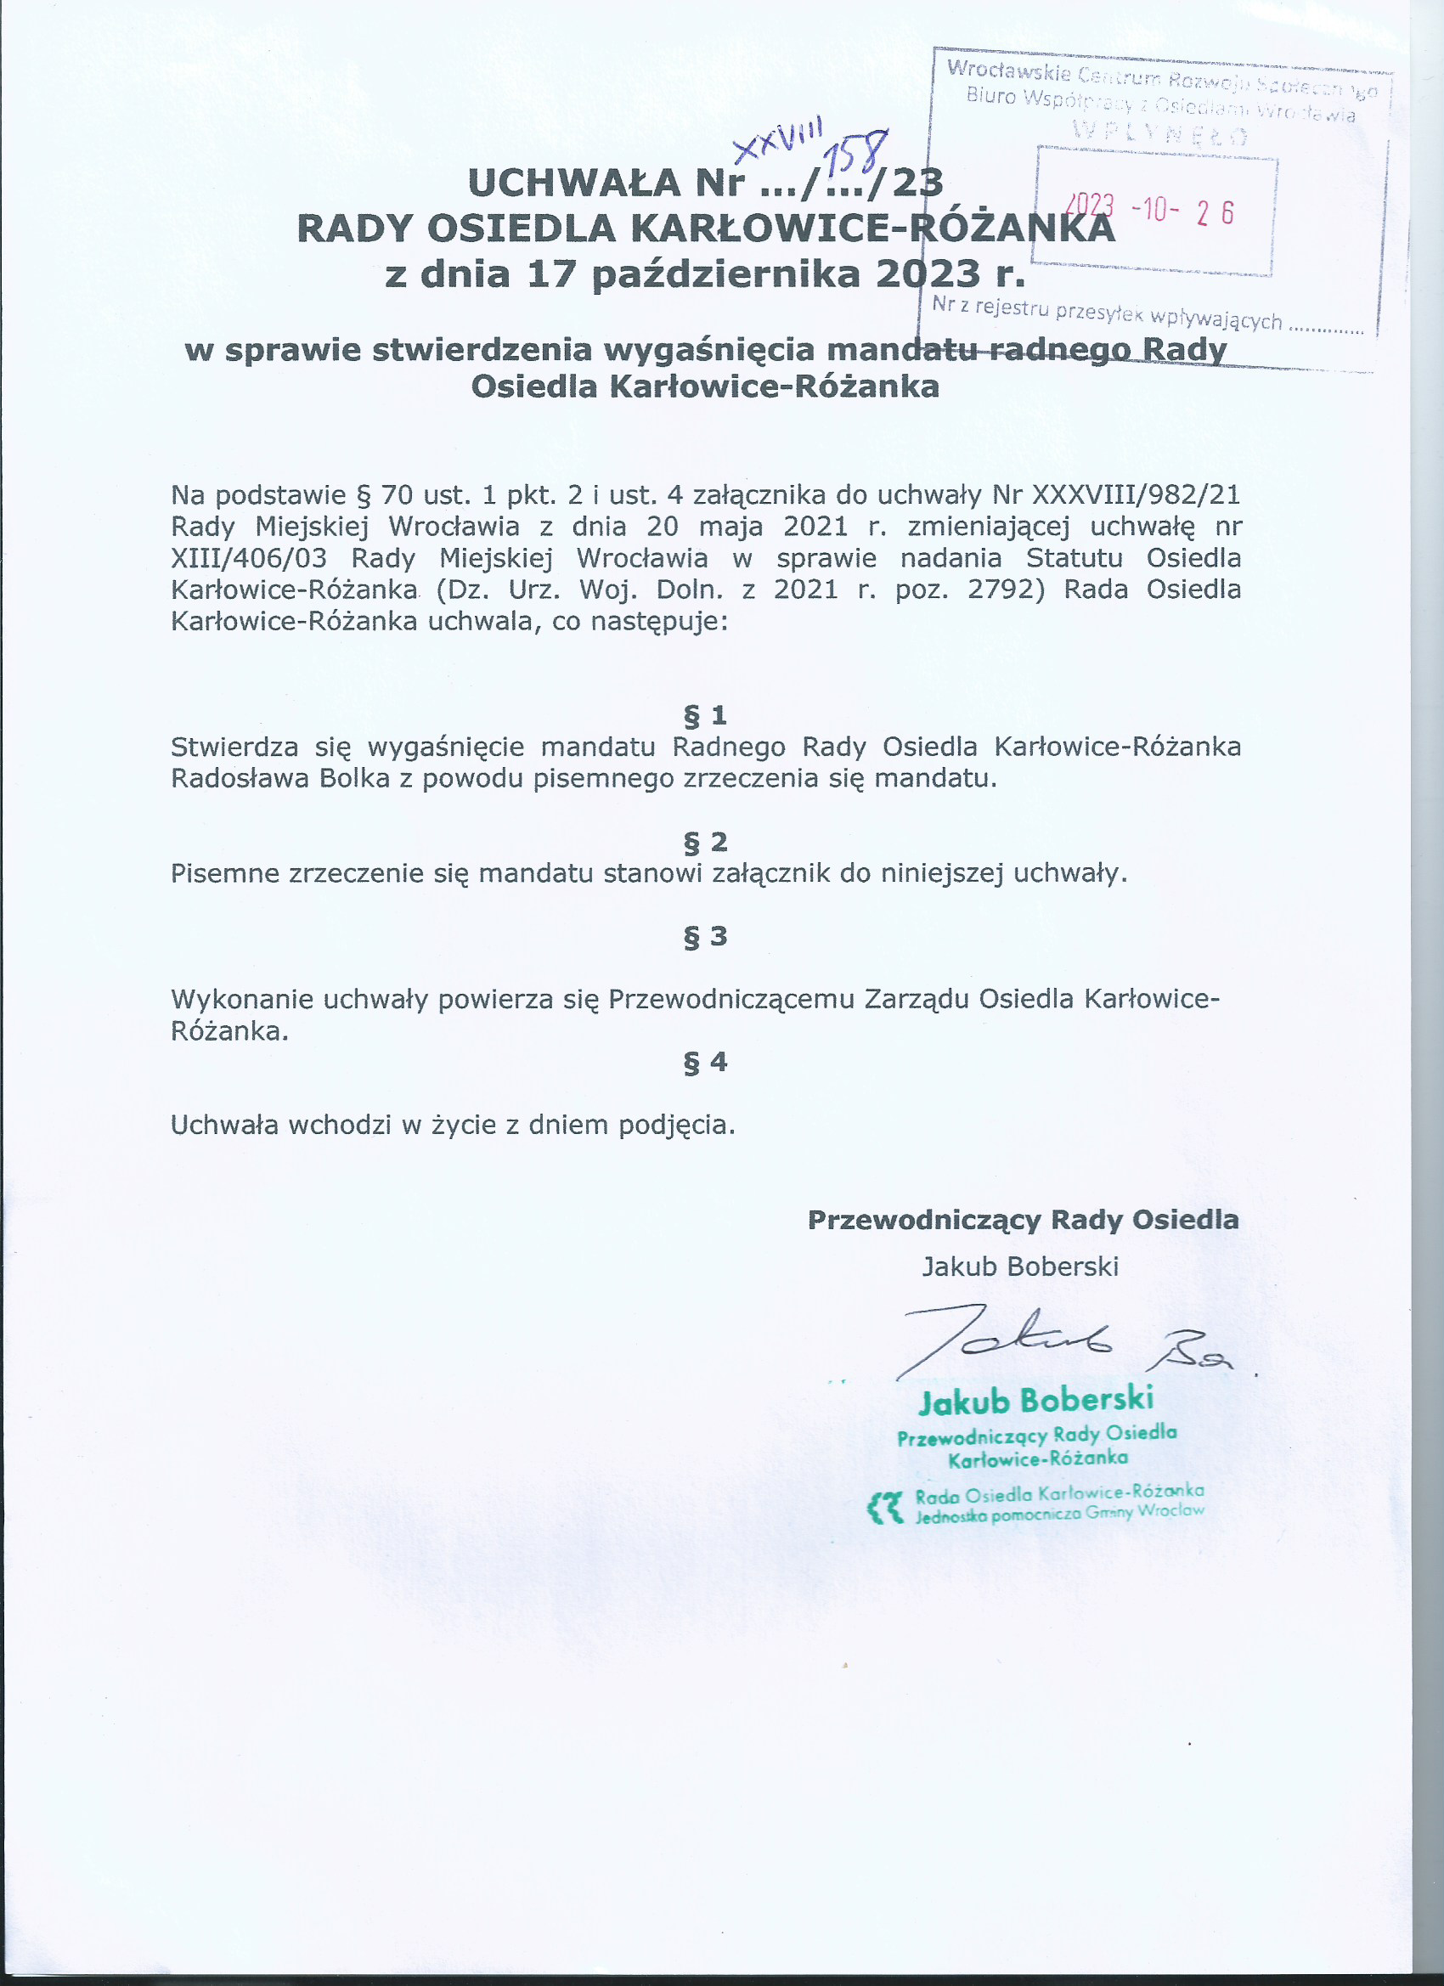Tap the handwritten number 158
point(859,153)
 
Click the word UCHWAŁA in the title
point(574,183)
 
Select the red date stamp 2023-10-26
point(1153,210)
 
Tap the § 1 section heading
point(705,715)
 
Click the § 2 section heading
point(705,842)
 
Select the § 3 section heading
point(705,936)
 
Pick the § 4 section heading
point(705,1062)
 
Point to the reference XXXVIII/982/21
point(1136,494)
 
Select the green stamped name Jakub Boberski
point(1036,1400)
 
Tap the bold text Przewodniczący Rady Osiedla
point(1023,1220)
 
